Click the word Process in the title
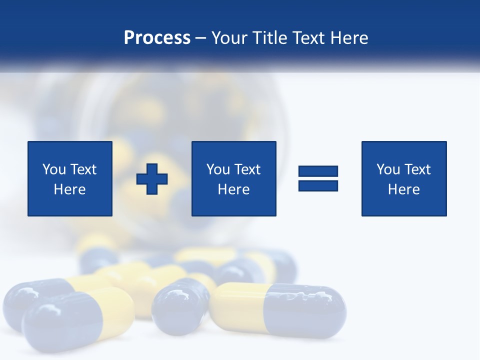[x=157, y=38]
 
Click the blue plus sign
[x=152, y=178]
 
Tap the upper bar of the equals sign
[x=318, y=171]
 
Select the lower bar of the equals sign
[x=318, y=185]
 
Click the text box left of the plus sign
[x=69, y=178]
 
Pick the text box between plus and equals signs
[x=233, y=178]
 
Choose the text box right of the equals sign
[x=403, y=178]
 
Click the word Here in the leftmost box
[x=69, y=189]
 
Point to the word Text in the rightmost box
[x=418, y=169]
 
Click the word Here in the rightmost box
[x=403, y=189]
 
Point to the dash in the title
[x=201, y=38]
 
